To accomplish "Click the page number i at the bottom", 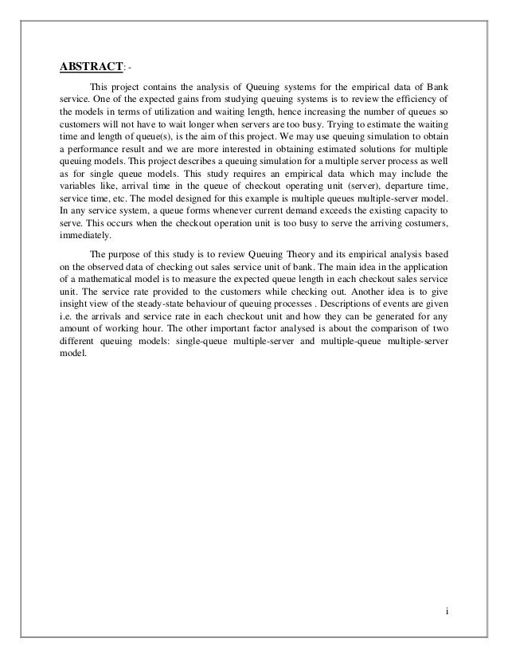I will [x=447, y=613].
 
